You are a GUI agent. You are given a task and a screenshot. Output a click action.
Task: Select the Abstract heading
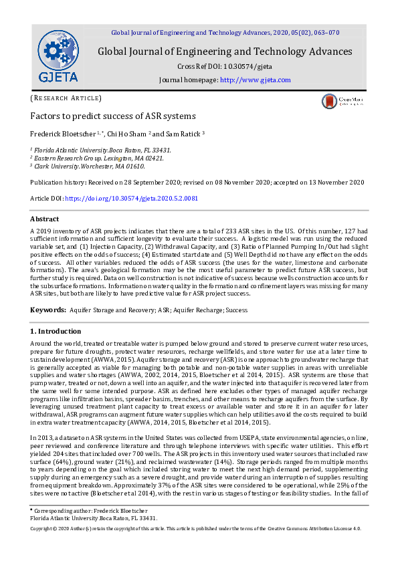(45, 219)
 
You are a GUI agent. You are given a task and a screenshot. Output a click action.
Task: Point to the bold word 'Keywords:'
(47, 310)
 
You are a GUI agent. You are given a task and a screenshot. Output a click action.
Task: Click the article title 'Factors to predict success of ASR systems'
(103, 116)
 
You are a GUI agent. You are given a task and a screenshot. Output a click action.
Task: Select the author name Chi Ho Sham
(127, 133)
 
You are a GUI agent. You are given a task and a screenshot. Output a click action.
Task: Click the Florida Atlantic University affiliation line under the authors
(102, 150)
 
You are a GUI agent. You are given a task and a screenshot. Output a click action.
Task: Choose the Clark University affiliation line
(88, 166)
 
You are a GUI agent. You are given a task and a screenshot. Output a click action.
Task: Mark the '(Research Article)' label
(65, 98)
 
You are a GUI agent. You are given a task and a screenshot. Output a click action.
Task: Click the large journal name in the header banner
(225, 51)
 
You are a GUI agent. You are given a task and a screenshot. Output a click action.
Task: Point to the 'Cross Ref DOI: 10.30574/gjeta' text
(224, 67)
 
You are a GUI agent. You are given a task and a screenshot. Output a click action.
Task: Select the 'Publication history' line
(197, 183)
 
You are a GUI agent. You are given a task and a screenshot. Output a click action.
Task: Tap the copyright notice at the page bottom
(196, 528)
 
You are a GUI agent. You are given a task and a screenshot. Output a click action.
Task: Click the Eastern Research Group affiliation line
(98, 158)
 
